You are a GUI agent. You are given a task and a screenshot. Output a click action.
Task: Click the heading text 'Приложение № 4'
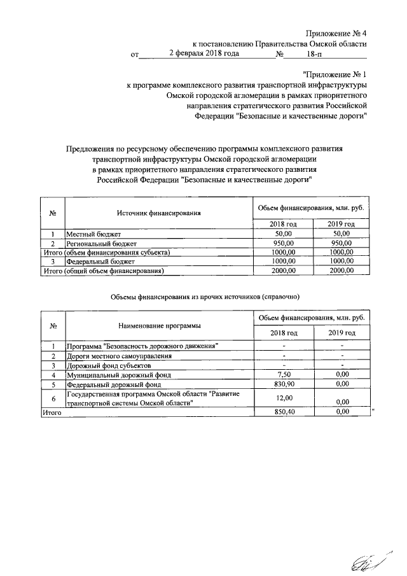pos(336,32)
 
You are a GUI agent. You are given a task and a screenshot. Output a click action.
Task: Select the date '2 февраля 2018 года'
pos(203,54)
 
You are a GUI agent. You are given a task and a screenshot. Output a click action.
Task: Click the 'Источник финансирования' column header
pos(159,213)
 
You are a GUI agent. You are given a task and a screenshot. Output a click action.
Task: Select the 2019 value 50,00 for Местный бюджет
pos(341,235)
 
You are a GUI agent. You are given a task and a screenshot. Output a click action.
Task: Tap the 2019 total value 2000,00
pos(341,271)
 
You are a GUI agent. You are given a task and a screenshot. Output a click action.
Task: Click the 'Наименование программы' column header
pos(159,325)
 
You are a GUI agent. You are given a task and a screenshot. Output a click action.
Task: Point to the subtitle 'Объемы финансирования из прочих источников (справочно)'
pos(203,297)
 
